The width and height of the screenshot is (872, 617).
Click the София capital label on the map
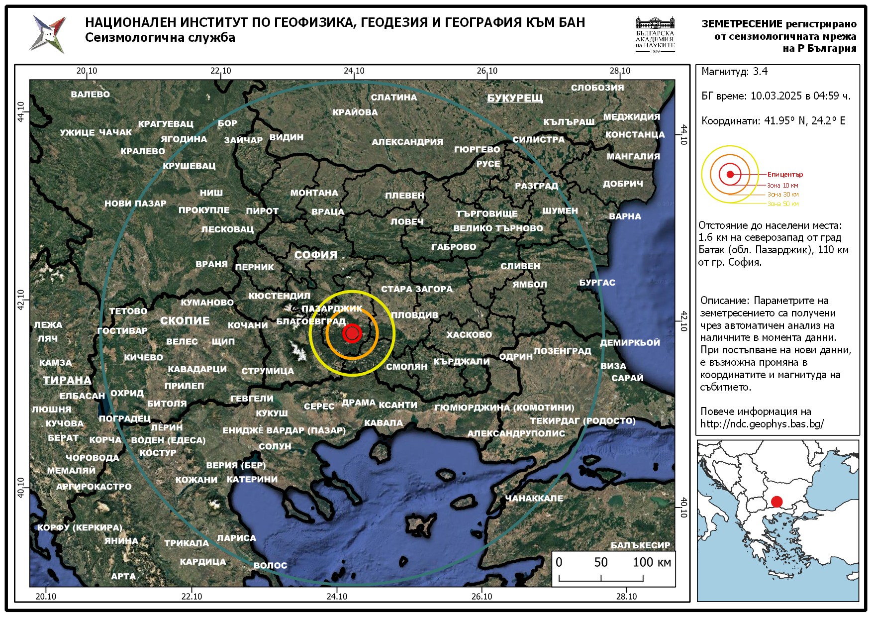point(315,255)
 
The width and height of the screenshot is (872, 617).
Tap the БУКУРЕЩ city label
point(515,98)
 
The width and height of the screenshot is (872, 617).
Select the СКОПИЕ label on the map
point(185,320)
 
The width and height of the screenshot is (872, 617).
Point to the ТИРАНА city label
point(67,380)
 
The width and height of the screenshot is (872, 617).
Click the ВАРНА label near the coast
point(625,216)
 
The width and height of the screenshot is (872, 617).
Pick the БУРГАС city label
point(597,283)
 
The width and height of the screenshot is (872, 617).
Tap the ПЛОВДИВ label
point(414,315)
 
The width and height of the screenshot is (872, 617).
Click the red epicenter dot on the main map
point(352,333)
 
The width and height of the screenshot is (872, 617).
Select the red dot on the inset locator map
point(776,502)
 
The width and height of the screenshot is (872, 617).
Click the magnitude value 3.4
point(760,72)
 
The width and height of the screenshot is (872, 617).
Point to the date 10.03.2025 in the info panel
point(774,96)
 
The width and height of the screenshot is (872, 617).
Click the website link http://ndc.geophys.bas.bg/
point(762,424)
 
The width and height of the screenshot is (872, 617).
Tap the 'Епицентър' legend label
point(785,175)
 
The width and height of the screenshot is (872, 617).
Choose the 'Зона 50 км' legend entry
point(783,204)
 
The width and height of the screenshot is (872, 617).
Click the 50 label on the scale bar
point(601,562)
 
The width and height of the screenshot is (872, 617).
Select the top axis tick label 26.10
point(487,71)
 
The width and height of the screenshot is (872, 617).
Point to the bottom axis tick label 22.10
point(192,596)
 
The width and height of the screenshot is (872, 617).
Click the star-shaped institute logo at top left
point(48,34)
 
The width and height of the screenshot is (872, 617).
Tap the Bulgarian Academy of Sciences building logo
point(655,34)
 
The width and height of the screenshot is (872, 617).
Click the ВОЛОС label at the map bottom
point(270,565)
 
